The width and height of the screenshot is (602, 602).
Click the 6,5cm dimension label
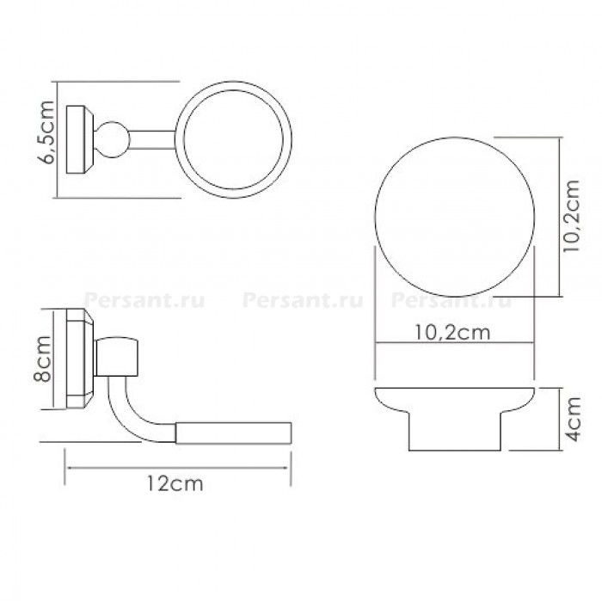click(x=48, y=132)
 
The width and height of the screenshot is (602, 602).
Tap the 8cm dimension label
click(x=42, y=359)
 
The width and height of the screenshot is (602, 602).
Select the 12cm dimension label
click(x=175, y=483)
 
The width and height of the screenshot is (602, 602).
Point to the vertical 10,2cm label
click(x=571, y=216)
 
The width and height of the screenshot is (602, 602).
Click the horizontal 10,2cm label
click(x=453, y=333)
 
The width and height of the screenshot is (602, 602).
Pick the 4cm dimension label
click(x=574, y=420)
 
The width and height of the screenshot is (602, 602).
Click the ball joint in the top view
click(x=112, y=139)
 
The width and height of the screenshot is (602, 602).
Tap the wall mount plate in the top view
click(x=80, y=139)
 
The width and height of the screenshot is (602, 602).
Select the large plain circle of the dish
click(x=455, y=138)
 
